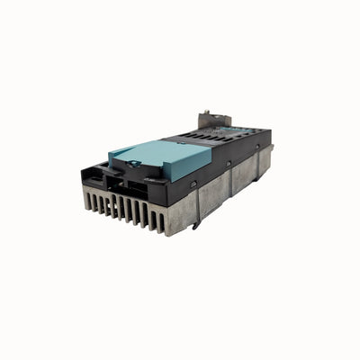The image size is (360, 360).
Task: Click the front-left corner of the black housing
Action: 85,172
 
